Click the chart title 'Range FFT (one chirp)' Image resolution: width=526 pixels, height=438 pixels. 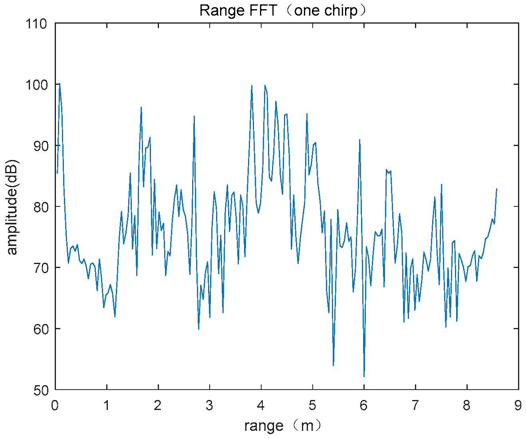(282, 10)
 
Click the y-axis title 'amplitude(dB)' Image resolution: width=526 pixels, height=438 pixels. (12, 207)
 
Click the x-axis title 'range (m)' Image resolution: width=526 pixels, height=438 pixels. (282, 426)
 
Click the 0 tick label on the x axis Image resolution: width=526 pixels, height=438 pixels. (55, 406)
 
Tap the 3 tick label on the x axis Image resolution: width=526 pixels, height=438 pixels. (210, 406)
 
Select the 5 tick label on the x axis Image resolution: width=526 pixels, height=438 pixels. (312, 406)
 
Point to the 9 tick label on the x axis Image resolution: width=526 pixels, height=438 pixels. (518, 406)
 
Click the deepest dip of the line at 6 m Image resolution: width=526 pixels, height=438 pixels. (364, 376)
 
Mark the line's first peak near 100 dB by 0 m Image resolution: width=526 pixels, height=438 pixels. (60, 84)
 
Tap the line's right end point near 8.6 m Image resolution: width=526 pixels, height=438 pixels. (496, 189)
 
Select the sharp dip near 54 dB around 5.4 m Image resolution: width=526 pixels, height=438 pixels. (333, 365)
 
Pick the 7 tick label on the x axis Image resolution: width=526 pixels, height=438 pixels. (415, 406)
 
